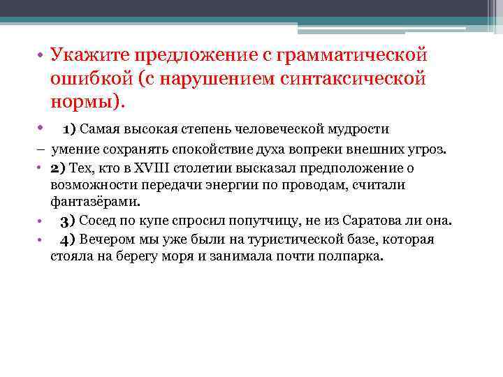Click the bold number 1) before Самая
[x=69, y=129]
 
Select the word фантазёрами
[x=95, y=202]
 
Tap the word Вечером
[x=106, y=239]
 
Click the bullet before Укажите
[x=42, y=56]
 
